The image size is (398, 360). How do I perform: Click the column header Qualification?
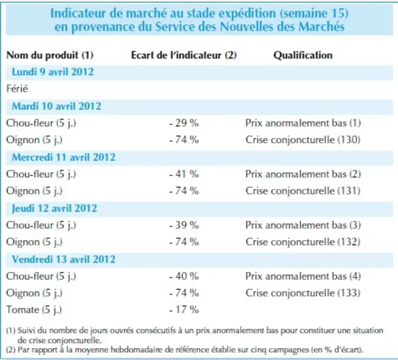pos(303,55)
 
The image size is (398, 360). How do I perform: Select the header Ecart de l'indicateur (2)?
pos(184,55)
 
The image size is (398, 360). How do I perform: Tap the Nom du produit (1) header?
pos(50,55)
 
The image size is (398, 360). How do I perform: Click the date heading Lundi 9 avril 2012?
pos(53,72)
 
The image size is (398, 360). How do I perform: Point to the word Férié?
pos(17,89)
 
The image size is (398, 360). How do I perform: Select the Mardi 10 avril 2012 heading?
pos(56,106)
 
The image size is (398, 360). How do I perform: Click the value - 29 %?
pos(184,123)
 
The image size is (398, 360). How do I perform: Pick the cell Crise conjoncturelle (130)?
pos(303,140)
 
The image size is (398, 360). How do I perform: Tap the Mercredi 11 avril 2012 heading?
pos(64,157)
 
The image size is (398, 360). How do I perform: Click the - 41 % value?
pos(184,174)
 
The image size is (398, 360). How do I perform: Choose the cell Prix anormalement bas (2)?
pos(303,174)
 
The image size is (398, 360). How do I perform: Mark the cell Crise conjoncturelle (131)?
pos(303,191)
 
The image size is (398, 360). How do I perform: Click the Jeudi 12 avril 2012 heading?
pos(54,208)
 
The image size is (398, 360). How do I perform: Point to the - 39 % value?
pos(184,225)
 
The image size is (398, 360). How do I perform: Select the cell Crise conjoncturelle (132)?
pos(303,242)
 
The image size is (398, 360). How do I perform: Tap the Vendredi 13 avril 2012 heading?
pos(64,259)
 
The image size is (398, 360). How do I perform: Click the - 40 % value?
pos(184,276)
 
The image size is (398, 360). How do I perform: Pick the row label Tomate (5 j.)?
pos(34,310)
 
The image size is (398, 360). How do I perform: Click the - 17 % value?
pos(184,310)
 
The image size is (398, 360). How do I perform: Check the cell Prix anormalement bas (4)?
pos(303,276)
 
